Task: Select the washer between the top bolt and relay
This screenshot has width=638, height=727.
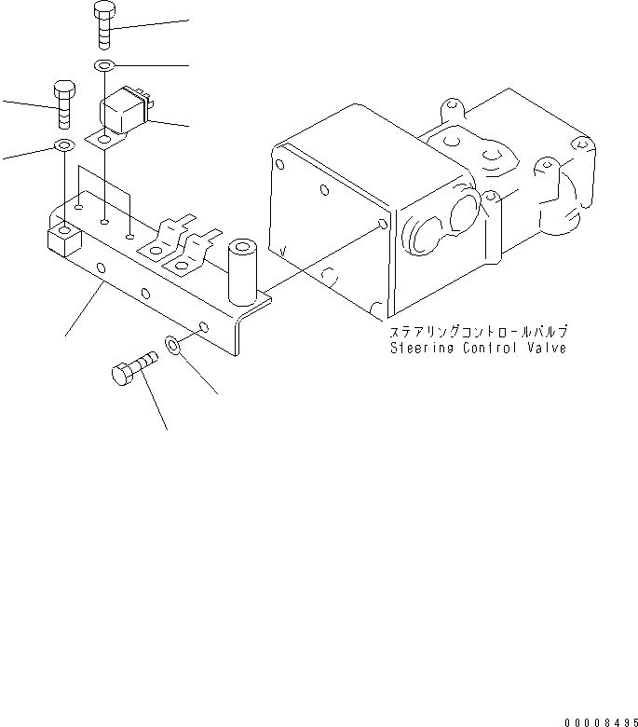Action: pyautogui.click(x=104, y=66)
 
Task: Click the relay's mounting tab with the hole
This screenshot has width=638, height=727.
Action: pyautogui.click(x=104, y=141)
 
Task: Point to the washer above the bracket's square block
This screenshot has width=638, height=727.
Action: pyautogui.click(x=64, y=145)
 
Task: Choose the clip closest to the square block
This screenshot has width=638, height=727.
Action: pyautogui.click(x=173, y=236)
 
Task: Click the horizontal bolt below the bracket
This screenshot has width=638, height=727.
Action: pyautogui.click(x=133, y=370)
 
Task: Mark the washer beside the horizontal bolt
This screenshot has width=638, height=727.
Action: pyautogui.click(x=175, y=345)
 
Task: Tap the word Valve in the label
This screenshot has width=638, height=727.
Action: pyautogui.click(x=550, y=348)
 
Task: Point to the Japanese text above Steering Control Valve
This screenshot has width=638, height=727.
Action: pyautogui.click(x=478, y=332)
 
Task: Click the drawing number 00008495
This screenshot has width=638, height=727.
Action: pyautogui.click(x=600, y=717)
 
